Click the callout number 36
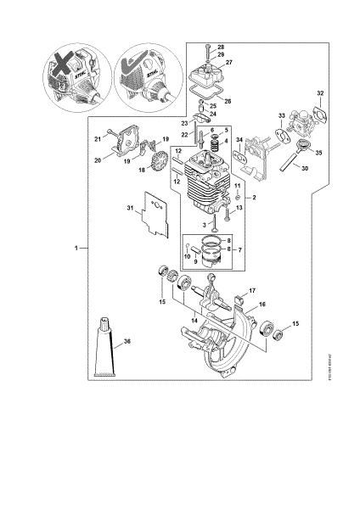point(127,342)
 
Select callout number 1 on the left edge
point(76,248)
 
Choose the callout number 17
point(252,290)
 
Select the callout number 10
point(187,255)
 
